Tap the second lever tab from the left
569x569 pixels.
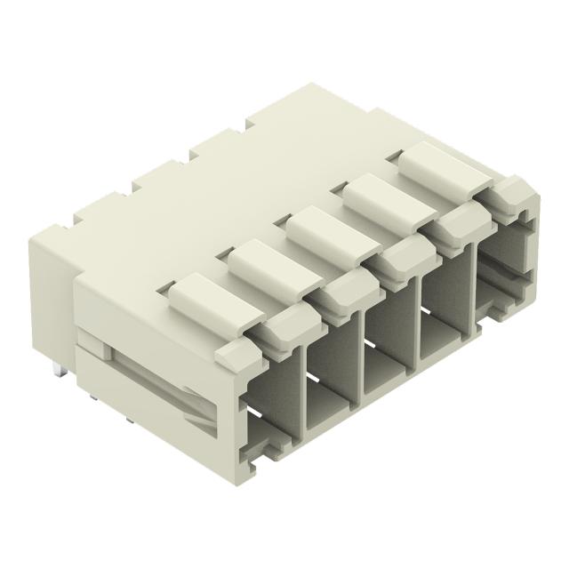(x=267, y=262)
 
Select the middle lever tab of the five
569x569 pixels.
(x=325, y=228)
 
